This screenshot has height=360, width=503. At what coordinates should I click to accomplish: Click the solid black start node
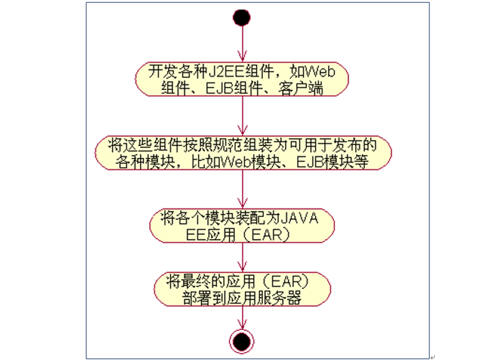[241, 17]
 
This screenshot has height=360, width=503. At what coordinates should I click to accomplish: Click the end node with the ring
[241, 341]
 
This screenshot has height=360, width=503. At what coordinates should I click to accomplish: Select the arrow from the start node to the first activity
[242, 44]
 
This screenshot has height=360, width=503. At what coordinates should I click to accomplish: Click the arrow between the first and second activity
[242, 116]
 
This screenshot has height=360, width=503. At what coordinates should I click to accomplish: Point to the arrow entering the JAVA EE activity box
[242, 189]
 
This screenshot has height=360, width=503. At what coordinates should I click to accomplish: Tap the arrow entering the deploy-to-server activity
[242, 257]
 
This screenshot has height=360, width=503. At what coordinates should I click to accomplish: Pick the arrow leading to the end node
[242, 317]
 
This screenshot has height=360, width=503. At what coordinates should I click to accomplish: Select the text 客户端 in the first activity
[301, 88]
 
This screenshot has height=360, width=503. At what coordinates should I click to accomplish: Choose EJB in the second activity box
[311, 162]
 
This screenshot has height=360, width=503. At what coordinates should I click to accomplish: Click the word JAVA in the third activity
[299, 218]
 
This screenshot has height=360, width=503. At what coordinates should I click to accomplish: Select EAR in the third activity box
[266, 235]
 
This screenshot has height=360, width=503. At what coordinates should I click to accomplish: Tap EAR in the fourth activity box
[286, 282]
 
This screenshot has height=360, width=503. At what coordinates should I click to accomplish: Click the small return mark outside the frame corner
[433, 357]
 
